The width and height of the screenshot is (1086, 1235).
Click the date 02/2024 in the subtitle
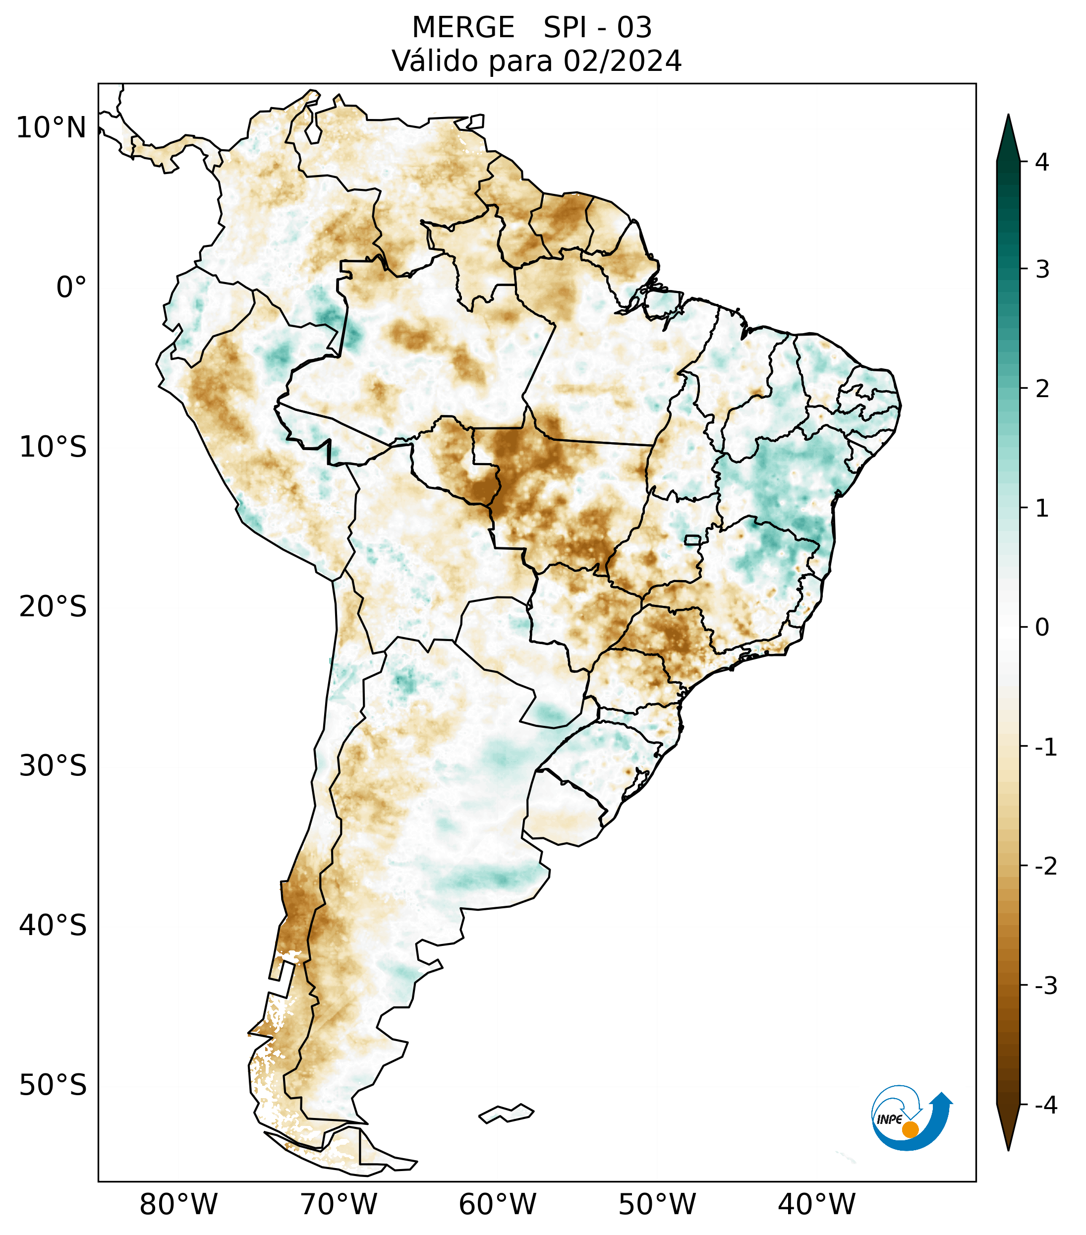pyautogui.click(x=622, y=61)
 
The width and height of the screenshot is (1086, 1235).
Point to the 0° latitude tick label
pyautogui.click(x=71, y=288)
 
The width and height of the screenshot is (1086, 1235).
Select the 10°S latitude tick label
pyautogui.click(x=53, y=447)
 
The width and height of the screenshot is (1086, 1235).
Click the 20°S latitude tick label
pyautogui.click(x=53, y=607)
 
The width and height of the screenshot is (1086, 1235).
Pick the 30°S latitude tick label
pyautogui.click(x=53, y=766)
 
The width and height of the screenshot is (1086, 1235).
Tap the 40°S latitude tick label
pyautogui.click(x=53, y=926)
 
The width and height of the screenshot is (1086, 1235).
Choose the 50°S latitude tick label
pyautogui.click(x=53, y=1085)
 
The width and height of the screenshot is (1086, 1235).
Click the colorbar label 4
pyautogui.click(x=1042, y=162)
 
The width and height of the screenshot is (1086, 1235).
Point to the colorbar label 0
pyautogui.click(x=1042, y=628)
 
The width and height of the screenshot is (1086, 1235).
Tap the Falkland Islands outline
pyautogui.click(x=506, y=1113)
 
